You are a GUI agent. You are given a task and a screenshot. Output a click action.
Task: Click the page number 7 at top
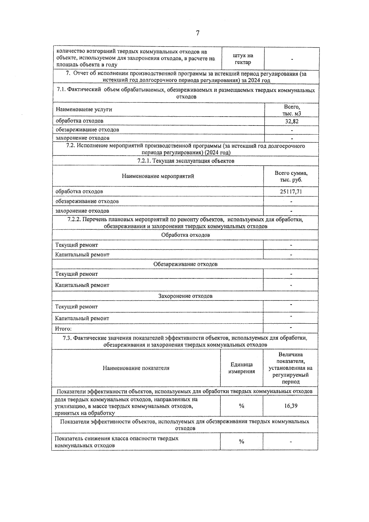[x=197, y=33]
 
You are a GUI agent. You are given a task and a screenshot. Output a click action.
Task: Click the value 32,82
[x=292, y=121]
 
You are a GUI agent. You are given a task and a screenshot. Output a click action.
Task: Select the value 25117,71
[x=291, y=191]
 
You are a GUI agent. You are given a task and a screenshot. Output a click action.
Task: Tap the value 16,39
[x=291, y=406]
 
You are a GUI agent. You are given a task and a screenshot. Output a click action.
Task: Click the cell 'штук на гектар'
[x=243, y=59]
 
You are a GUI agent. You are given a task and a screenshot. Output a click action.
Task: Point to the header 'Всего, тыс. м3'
[x=292, y=110]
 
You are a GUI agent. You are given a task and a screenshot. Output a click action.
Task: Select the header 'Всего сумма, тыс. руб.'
[x=291, y=176]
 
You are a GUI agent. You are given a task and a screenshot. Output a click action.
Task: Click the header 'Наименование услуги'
[x=84, y=109]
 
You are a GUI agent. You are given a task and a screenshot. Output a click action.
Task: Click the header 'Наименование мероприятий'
[x=158, y=176]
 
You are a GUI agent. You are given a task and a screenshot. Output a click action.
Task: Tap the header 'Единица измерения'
[x=241, y=368]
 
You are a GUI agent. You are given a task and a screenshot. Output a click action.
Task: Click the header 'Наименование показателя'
[x=136, y=368]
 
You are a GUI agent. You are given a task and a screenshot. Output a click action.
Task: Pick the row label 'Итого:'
[x=63, y=329]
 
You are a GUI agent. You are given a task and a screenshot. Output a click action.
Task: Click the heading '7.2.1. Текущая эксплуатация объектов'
[x=186, y=161]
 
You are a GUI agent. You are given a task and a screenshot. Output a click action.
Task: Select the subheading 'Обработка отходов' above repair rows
[x=185, y=235]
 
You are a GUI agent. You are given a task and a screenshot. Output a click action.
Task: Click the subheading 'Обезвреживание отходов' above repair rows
[x=185, y=264]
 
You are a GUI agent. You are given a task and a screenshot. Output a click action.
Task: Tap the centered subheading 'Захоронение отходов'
[x=185, y=296]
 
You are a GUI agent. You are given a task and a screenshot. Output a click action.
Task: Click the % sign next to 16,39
[x=241, y=406]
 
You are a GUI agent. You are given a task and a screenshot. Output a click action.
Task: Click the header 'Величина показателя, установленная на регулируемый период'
[x=291, y=368]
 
